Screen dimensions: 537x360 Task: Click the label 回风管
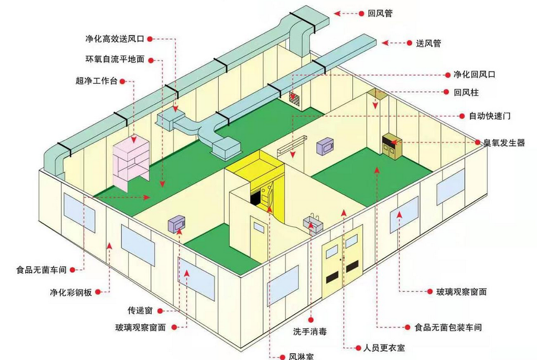(x=380, y=13)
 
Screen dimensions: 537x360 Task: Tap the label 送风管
(x=428, y=43)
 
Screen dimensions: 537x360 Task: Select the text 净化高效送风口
(x=115, y=39)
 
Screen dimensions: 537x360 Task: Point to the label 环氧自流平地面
(x=115, y=59)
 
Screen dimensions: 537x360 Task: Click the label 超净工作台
(x=96, y=81)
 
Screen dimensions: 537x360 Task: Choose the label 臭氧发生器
(x=504, y=143)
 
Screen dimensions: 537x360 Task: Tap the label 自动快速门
(x=490, y=116)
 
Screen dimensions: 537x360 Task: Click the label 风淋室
(x=301, y=357)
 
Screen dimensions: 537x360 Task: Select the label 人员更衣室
(x=384, y=348)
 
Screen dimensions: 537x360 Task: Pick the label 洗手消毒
(x=310, y=332)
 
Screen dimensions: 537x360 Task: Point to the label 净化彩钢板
(x=71, y=292)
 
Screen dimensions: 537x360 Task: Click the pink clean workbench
(x=131, y=162)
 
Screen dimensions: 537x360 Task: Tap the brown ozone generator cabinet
(x=392, y=145)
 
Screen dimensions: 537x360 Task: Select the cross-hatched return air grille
(x=294, y=98)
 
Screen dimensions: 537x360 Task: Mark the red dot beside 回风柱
(x=446, y=92)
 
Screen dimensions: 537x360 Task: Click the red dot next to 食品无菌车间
(x=72, y=270)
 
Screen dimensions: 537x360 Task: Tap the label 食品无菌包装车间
(x=448, y=328)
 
